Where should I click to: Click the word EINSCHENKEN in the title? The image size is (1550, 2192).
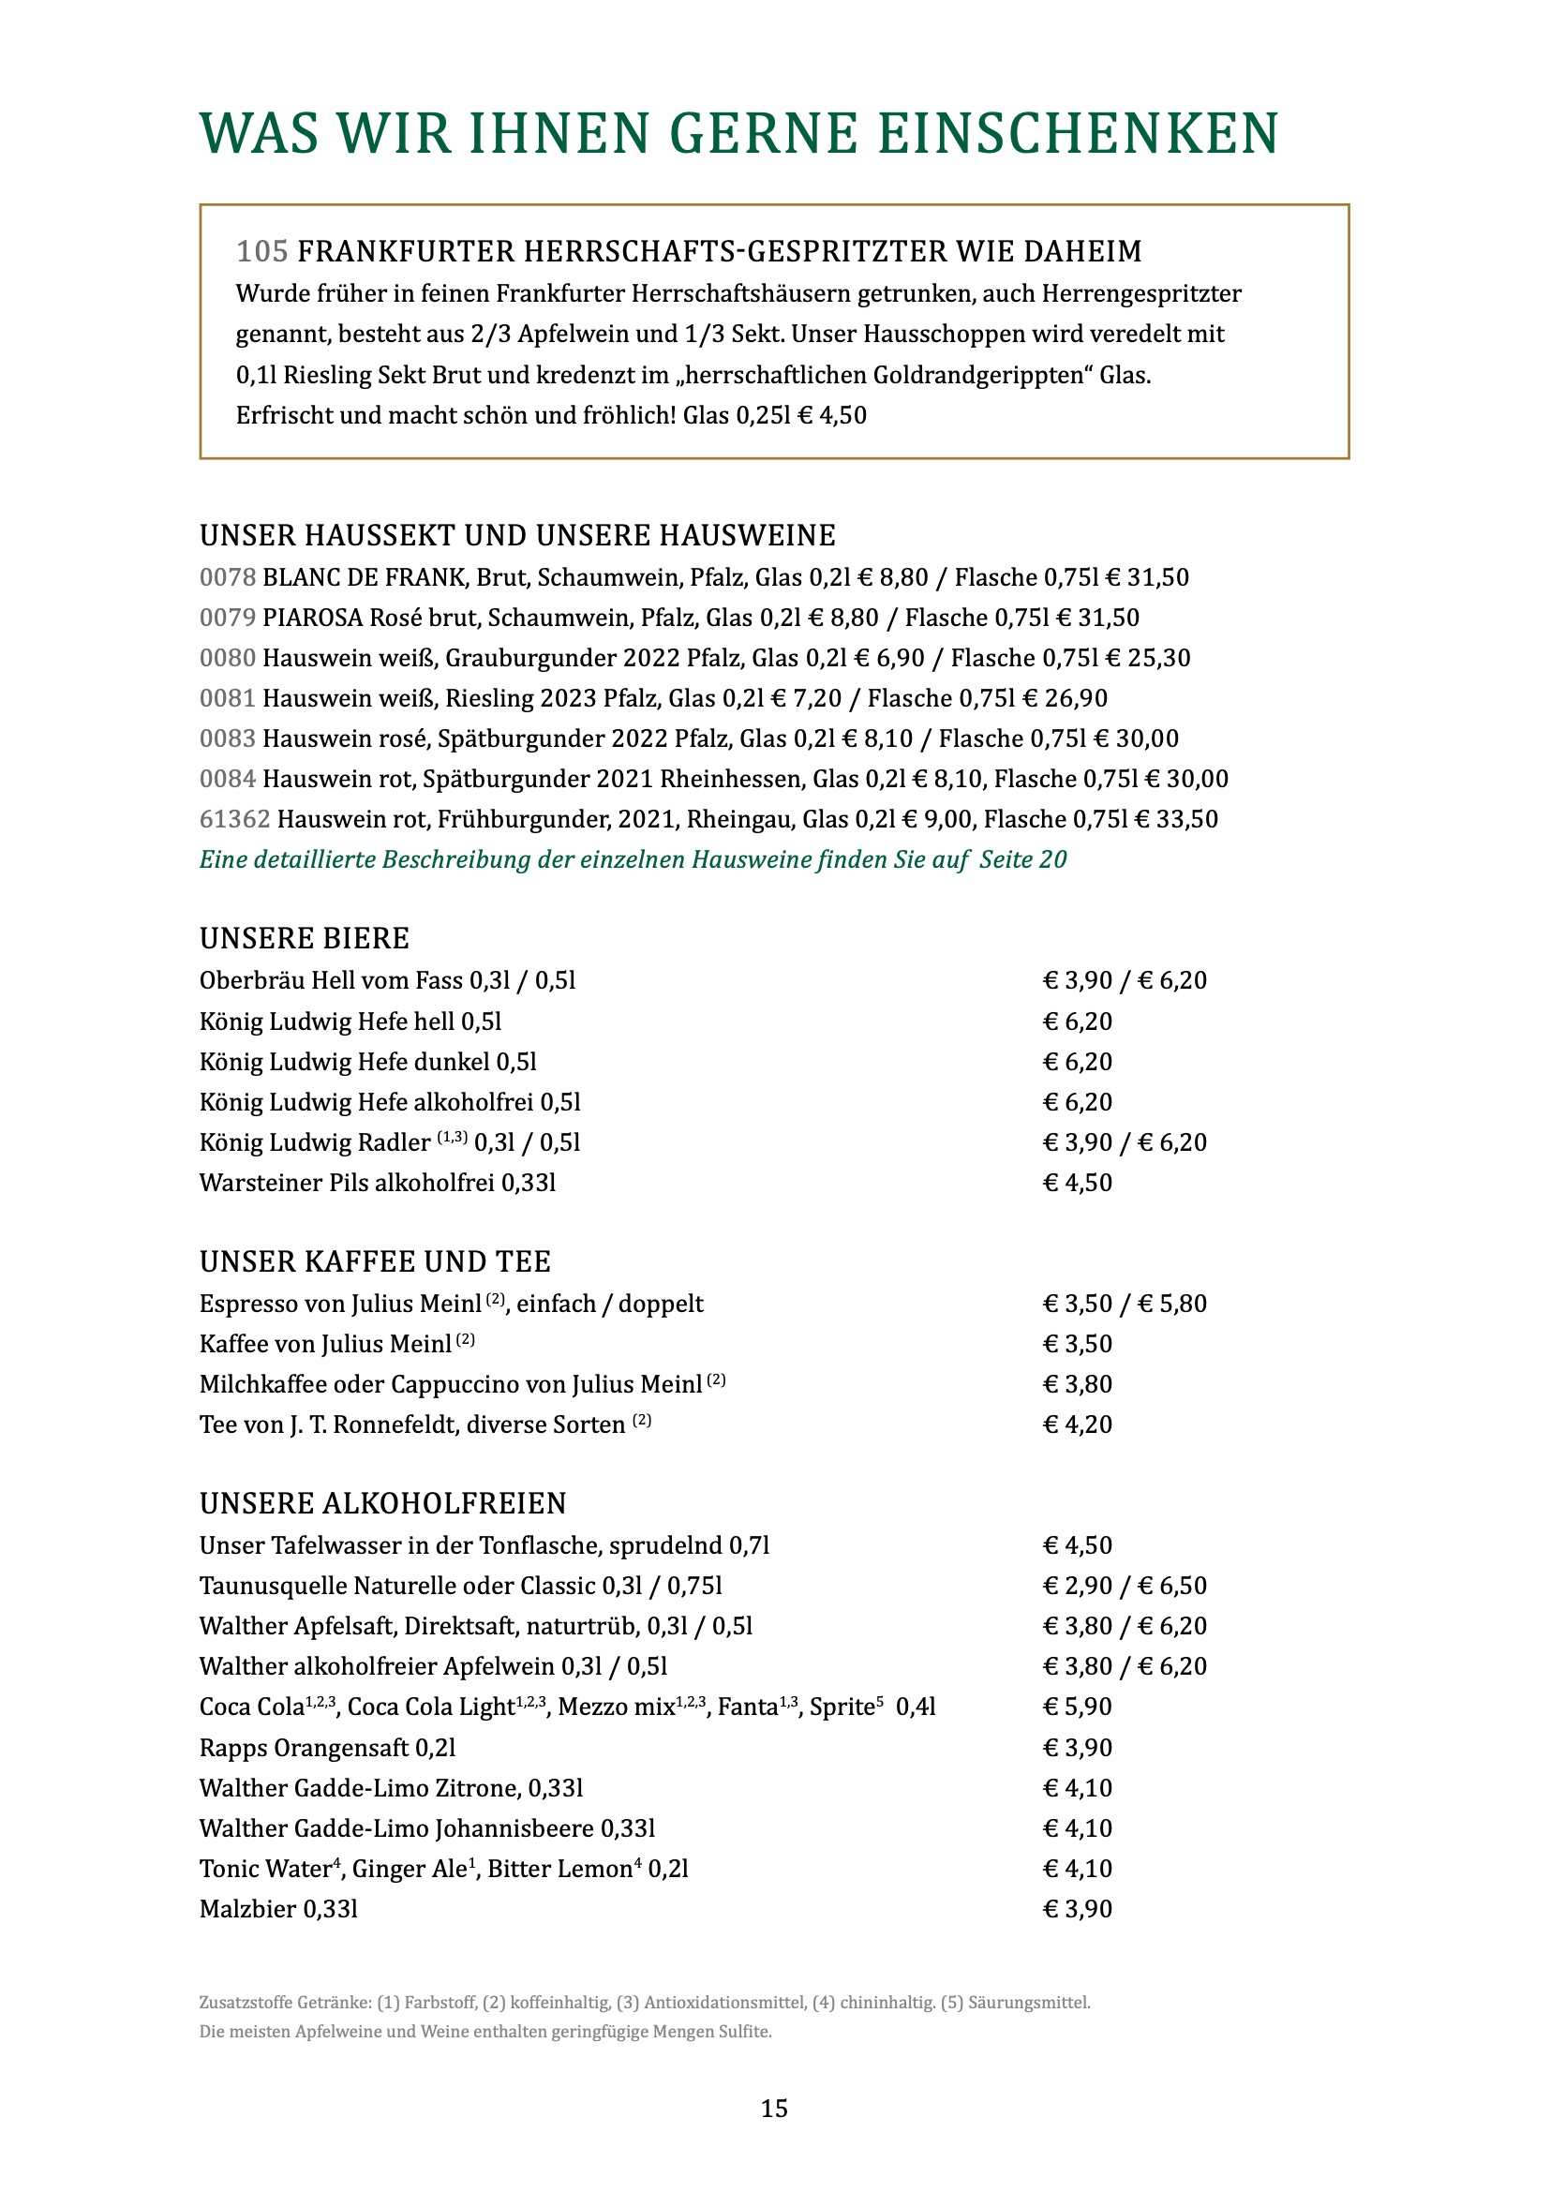point(1078,134)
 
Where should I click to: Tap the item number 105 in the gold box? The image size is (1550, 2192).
point(261,251)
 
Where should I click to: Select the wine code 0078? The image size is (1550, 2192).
point(227,577)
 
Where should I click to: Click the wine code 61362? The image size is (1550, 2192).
point(235,819)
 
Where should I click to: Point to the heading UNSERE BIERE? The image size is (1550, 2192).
point(305,938)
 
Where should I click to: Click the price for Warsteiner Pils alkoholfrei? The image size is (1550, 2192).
point(1078,1183)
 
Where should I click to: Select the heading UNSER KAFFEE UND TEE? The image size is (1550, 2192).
point(375,1262)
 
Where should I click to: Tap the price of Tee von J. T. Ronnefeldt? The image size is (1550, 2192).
point(1078,1424)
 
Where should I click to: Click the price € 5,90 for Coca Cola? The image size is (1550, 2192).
point(1078,1706)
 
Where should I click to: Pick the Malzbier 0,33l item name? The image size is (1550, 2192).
point(278,1908)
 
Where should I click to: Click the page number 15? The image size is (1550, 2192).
point(774,2108)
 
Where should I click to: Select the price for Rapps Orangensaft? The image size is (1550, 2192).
point(1078,1747)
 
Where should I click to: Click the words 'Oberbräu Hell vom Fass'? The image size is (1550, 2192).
point(331,981)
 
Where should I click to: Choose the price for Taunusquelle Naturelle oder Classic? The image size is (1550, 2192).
point(1125,1586)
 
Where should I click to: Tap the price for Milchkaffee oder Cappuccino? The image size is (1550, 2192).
point(1078,1384)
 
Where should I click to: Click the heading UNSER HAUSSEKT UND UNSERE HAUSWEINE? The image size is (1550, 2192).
point(517,536)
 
